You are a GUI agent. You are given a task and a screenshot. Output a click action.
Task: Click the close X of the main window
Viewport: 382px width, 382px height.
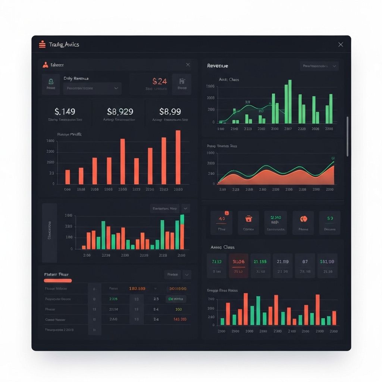click(340, 44)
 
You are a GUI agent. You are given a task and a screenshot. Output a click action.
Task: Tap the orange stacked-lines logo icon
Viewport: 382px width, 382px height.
click(42, 44)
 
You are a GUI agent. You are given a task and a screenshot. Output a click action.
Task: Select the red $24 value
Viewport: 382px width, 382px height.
click(160, 81)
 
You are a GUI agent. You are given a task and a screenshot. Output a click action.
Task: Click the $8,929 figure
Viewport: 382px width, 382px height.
click(120, 111)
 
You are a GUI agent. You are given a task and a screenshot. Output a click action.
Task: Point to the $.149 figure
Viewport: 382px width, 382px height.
click(65, 111)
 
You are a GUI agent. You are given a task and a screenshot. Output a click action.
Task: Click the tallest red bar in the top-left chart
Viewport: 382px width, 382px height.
click(178, 157)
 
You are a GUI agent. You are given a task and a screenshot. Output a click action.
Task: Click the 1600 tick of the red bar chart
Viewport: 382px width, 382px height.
click(50, 141)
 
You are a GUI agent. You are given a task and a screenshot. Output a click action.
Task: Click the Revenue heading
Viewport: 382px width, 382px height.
click(217, 66)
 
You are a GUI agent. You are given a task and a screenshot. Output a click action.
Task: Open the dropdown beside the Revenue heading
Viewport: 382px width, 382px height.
click(319, 66)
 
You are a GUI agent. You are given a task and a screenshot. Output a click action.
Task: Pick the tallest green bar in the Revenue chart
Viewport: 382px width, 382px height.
click(290, 101)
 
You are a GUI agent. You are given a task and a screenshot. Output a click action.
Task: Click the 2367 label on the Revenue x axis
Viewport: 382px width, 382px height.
click(288, 129)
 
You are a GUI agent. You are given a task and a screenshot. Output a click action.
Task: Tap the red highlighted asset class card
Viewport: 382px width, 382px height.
click(238, 266)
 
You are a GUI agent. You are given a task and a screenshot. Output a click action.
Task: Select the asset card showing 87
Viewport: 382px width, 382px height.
click(305, 266)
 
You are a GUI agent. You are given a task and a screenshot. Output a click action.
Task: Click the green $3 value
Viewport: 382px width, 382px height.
click(330, 218)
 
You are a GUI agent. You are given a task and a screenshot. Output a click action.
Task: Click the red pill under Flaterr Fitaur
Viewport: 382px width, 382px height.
click(58, 281)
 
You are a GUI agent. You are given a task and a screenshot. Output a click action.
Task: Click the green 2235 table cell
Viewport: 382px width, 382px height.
click(113, 299)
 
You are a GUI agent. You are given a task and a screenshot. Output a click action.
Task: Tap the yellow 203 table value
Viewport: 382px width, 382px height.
click(178, 309)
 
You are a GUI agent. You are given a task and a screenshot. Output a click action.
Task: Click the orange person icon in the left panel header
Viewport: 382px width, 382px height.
click(46, 65)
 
